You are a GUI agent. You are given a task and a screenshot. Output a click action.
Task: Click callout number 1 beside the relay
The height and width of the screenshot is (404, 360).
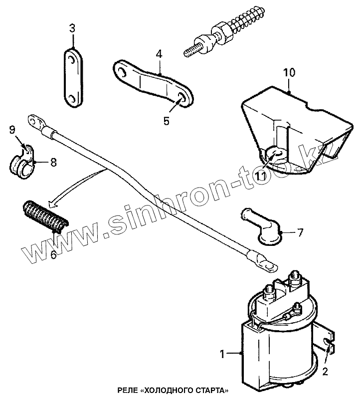point(223,354)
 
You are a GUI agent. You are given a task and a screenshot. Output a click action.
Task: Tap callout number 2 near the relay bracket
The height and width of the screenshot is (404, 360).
point(325,371)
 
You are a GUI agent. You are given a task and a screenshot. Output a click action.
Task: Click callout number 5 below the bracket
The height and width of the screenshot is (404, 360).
point(166,121)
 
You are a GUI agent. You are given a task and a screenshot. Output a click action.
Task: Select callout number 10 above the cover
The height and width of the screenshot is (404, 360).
point(290,72)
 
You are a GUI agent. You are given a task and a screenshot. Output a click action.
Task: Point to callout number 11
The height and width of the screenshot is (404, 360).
point(261,176)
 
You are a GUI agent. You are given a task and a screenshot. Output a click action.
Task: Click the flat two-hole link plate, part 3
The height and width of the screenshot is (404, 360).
point(74,77)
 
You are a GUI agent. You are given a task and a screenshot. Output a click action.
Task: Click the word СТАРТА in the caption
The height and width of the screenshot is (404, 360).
point(213,389)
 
